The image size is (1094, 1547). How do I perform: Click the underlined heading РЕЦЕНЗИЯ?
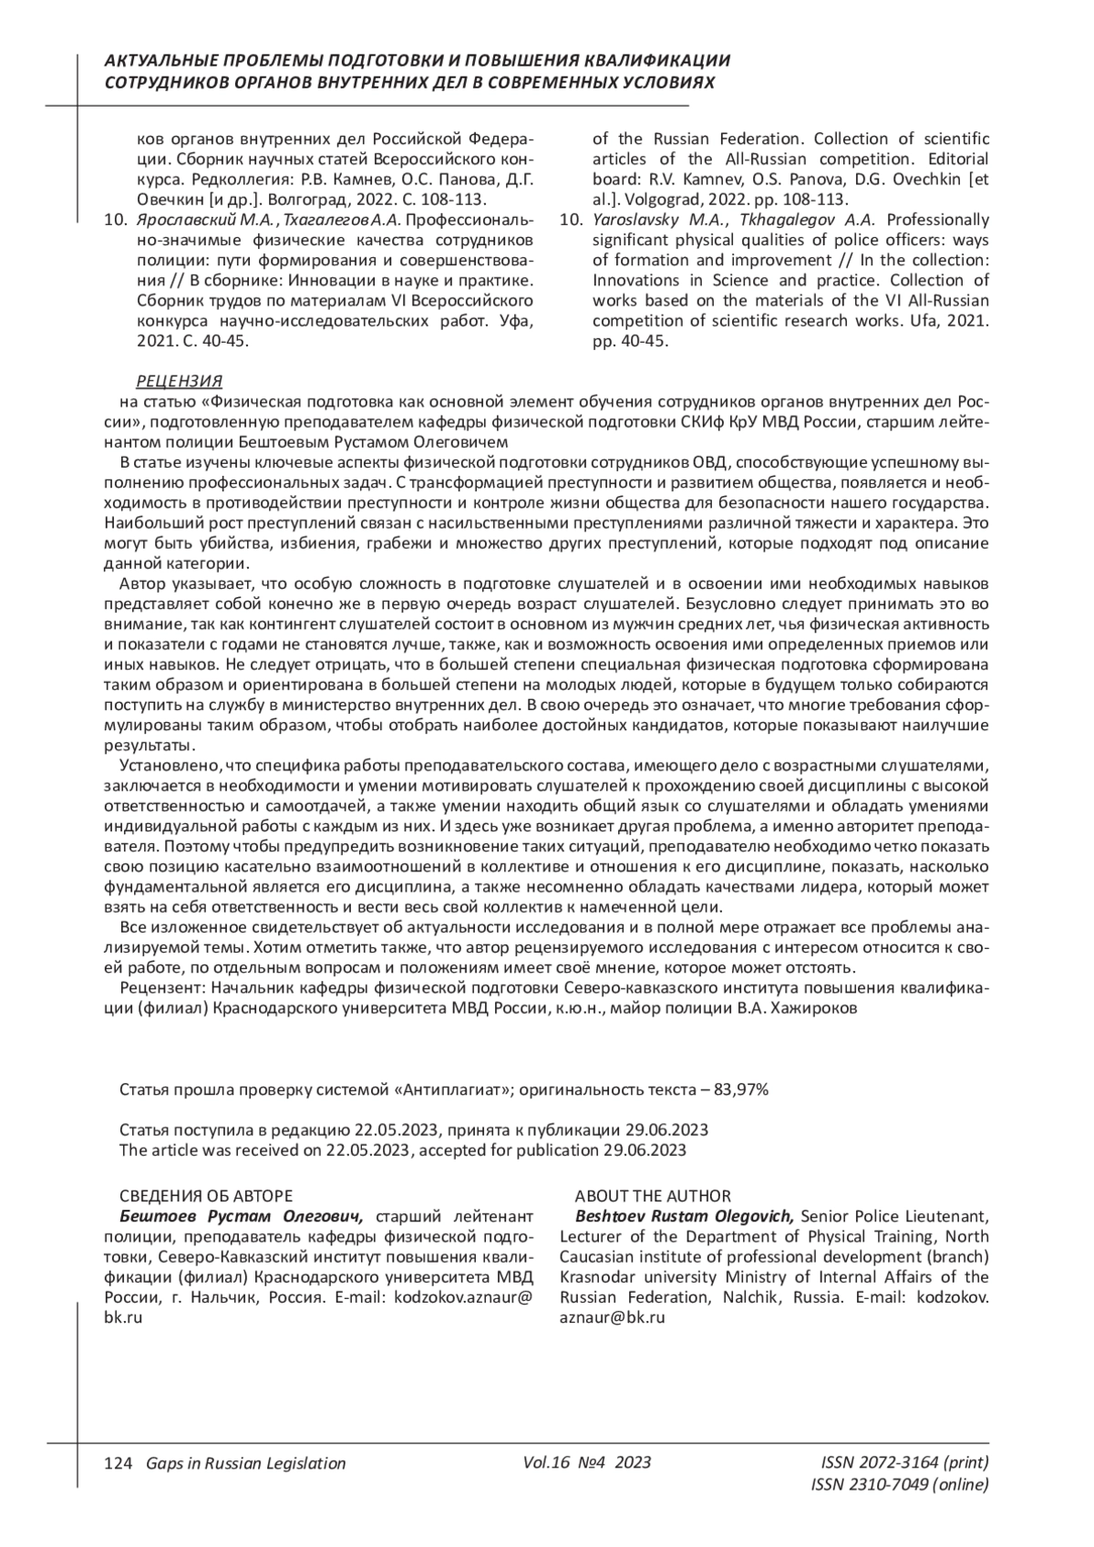click(x=179, y=381)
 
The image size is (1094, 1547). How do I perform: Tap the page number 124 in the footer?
click(x=119, y=1463)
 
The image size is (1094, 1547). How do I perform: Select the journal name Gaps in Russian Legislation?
click(x=246, y=1463)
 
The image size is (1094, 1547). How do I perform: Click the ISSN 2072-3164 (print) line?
click(x=904, y=1462)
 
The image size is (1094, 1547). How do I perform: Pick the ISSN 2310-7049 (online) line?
click(x=899, y=1484)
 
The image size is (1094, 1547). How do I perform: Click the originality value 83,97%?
click(x=742, y=1089)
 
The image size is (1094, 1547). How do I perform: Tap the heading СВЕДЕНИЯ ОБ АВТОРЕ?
click(x=206, y=1196)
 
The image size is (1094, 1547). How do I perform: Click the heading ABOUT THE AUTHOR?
click(x=652, y=1196)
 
